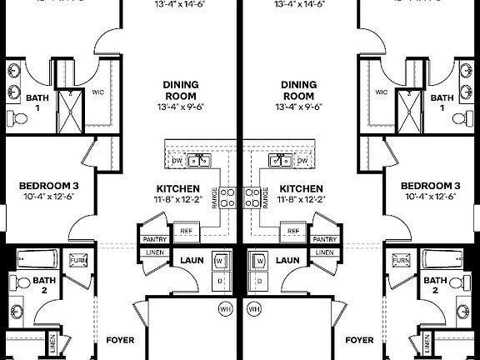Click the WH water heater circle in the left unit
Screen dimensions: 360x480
click(x=224, y=310)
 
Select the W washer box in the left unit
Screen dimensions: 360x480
click(x=220, y=262)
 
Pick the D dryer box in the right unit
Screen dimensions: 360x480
click(x=260, y=281)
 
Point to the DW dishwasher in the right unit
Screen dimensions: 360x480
click(x=302, y=160)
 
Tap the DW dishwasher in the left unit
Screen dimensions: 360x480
click(x=177, y=160)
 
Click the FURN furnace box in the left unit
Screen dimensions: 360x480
click(x=77, y=261)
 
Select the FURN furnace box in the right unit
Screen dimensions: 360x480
click(x=402, y=261)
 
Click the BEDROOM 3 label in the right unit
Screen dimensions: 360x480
click(x=431, y=186)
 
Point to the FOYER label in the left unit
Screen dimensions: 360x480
click(x=120, y=340)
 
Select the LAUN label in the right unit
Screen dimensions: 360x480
click(x=287, y=260)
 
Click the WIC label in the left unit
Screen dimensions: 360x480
click(x=97, y=92)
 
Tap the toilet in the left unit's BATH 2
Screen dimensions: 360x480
click(x=24, y=282)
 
